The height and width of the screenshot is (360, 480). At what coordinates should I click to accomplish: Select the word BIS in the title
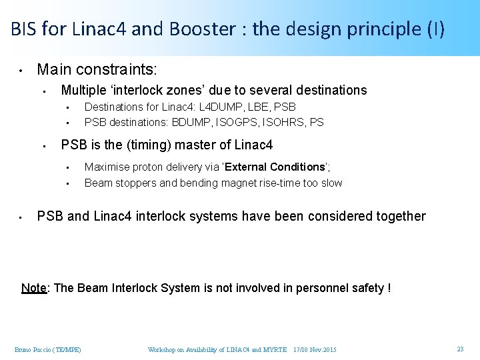click(23, 29)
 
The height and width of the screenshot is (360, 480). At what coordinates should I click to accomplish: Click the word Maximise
click(107, 167)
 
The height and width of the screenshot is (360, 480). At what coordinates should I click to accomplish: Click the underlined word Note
click(33, 288)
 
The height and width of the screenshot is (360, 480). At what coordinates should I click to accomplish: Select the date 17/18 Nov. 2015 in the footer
click(315, 350)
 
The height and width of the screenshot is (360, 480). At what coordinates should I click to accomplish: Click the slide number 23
click(460, 349)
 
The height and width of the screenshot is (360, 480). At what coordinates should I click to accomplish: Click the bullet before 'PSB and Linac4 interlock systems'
click(22, 217)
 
